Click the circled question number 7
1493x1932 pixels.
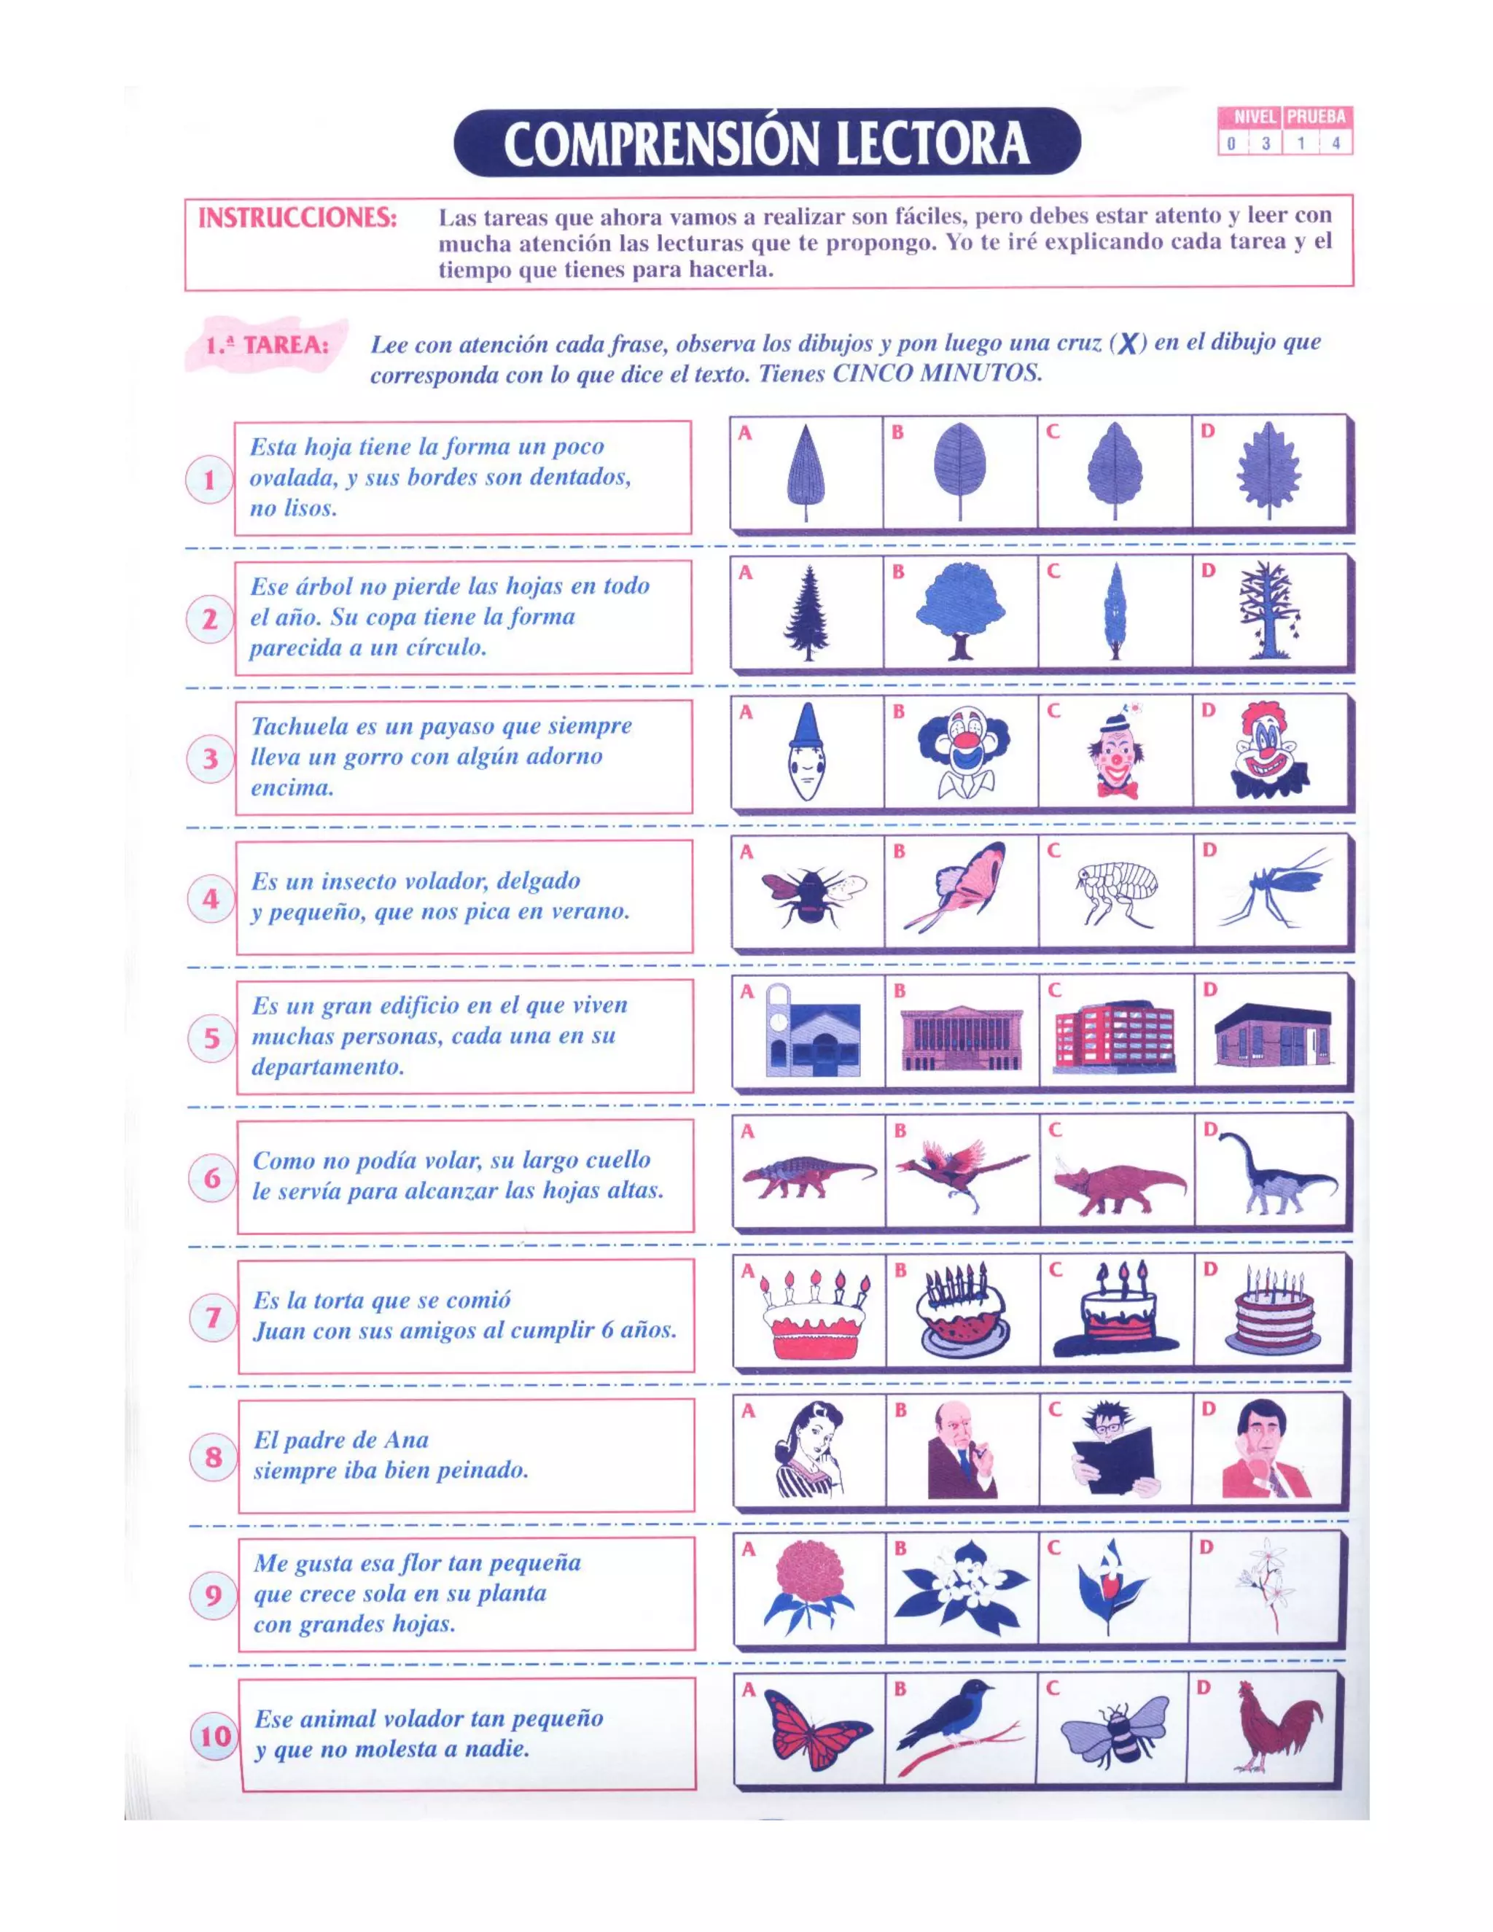[213, 1317]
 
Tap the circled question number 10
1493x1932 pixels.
[215, 1736]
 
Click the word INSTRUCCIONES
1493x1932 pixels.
[297, 219]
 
